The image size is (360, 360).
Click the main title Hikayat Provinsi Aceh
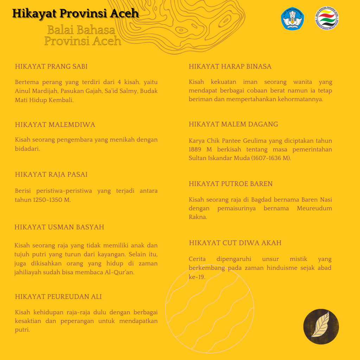tap(75, 13)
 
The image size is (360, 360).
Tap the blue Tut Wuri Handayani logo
tap(292, 19)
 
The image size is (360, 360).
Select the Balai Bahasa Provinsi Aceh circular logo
tap(327, 19)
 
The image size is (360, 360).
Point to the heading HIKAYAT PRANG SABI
tap(51, 66)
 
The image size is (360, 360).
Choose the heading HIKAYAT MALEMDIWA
tap(55, 125)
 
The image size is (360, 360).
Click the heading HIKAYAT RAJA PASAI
tap(51, 174)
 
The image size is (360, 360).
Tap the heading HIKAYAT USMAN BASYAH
tap(59, 227)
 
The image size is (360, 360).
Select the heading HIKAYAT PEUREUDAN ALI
tap(58, 297)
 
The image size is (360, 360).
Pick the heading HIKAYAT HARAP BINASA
tap(230, 66)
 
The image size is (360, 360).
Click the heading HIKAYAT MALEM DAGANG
tap(233, 124)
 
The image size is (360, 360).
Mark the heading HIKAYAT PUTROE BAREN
tap(231, 184)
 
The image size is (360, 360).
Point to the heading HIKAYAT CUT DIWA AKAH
tap(235, 243)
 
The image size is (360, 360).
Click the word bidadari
tap(27, 149)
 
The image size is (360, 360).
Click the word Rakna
tap(197, 217)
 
